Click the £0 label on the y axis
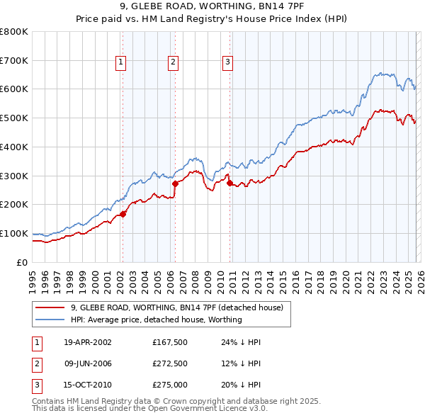[x=23, y=262]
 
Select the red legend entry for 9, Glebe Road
[x=176, y=307]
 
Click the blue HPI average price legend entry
[x=156, y=320]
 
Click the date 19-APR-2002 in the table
[x=88, y=342]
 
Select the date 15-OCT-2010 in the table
[x=88, y=385]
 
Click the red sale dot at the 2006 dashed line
[x=175, y=183]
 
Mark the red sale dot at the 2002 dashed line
[x=123, y=213]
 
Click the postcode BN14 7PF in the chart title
[x=263, y=8]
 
